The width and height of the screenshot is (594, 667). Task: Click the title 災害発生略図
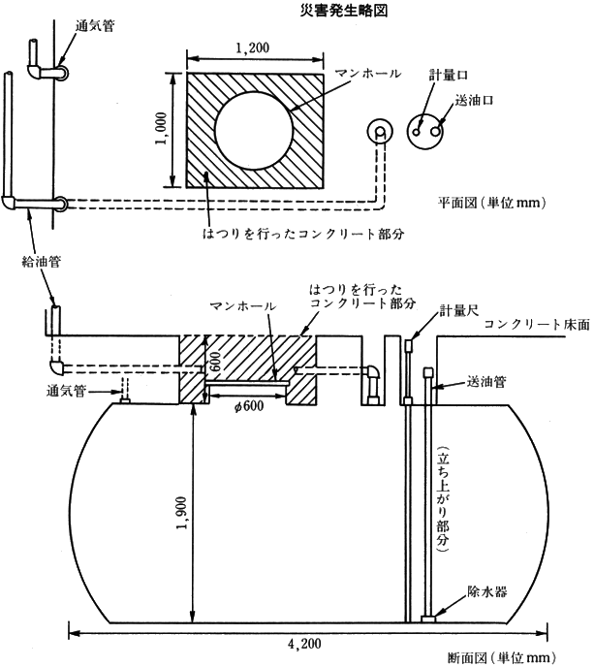(x=344, y=11)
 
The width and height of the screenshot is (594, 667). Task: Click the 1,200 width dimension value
(x=253, y=48)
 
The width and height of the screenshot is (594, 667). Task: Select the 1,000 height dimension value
(x=161, y=129)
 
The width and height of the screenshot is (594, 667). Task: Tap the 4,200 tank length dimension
(x=304, y=644)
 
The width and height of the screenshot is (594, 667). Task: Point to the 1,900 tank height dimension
(x=181, y=514)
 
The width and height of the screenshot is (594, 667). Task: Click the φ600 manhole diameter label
(x=249, y=406)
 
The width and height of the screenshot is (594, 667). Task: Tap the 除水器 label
(x=486, y=591)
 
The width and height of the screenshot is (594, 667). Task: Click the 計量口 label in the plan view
(x=448, y=76)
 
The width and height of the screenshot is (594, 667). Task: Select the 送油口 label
(x=474, y=101)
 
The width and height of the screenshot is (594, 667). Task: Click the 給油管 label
(x=42, y=261)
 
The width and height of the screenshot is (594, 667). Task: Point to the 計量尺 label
(x=459, y=310)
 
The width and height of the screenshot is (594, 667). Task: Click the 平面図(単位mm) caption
(x=492, y=203)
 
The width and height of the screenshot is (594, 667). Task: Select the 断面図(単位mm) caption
(x=502, y=658)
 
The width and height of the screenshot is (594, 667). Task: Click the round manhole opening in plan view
(x=254, y=130)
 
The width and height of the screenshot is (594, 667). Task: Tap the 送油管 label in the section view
(x=486, y=382)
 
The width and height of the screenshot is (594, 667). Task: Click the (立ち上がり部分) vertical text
(x=443, y=499)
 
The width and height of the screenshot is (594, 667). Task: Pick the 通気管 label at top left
(x=95, y=25)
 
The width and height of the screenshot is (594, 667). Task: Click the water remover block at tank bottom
(x=428, y=619)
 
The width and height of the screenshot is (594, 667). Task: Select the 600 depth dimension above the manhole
(x=215, y=361)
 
